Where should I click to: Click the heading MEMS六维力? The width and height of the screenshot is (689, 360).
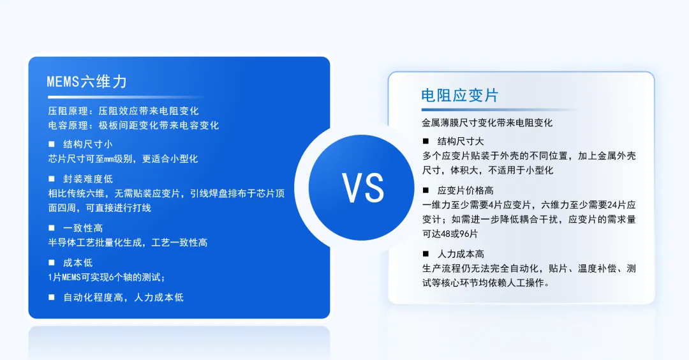click(x=87, y=81)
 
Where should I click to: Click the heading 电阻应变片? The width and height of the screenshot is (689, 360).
click(x=459, y=96)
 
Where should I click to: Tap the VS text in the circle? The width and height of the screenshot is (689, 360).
click(x=362, y=188)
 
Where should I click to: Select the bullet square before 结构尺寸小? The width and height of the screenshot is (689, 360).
click(x=52, y=144)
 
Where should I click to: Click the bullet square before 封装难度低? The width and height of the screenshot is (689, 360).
click(x=52, y=179)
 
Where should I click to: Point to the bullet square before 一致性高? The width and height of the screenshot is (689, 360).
click(x=52, y=228)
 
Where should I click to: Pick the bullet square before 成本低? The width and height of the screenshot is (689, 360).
click(x=52, y=262)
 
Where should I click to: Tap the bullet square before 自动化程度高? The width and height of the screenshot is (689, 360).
click(x=52, y=297)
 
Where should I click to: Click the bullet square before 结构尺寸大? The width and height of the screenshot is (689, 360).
click(x=426, y=141)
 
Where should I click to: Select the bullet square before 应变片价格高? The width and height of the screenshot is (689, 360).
click(x=426, y=190)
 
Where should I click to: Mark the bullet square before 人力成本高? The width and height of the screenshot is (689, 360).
click(x=426, y=253)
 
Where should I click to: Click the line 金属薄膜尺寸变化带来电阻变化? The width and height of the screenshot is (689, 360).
click(x=487, y=123)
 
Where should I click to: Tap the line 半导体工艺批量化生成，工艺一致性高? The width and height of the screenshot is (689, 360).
click(x=128, y=243)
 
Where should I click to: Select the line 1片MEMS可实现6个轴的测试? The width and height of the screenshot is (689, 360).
click(x=107, y=277)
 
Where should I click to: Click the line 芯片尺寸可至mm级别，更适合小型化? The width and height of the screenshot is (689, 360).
click(x=123, y=159)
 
